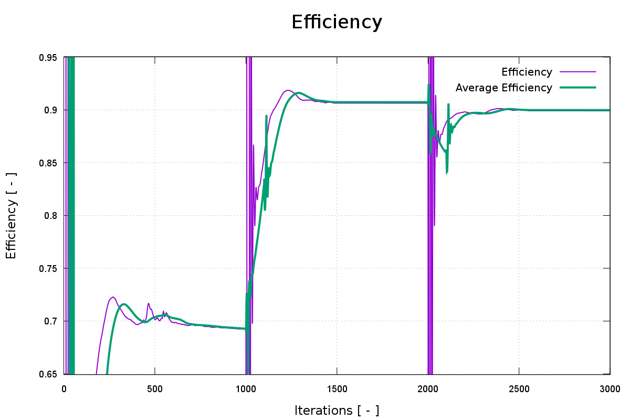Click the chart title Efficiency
pyautogui.click(x=337, y=22)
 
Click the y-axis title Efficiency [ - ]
pyautogui.click(x=12, y=216)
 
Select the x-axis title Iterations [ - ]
pyautogui.click(x=337, y=410)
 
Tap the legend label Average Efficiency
pyautogui.click(x=503, y=88)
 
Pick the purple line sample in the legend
pyautogui.click(x=578, y=72)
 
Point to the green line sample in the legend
pyautogui.click(x=578, y=88)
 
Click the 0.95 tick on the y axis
pyautogui.click(x=48, y=57)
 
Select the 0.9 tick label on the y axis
pyautogui.click(x=50, y=110)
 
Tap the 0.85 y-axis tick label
pyautogui.click(x=48, y=163)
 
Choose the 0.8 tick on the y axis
pyautogui.click(x=50, y=216)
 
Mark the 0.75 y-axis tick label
pyautogui.click(x=48, y=268)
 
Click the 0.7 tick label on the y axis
pyautogui.click(x=50, y=321)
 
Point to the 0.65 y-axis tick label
pyautogui.click(x=48, y=374)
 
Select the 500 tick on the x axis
pyautogui.click(x=155, y=389)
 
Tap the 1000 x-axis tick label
pyautogui.click(x=246, y=389)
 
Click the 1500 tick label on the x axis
pyautogui.click(x=337, y=389)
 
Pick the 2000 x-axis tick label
pyautogui.click(x=428, y=389)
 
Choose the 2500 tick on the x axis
pyautogui.click(x=519, y=389)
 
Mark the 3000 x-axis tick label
pyautogui.click(x=610, y=389)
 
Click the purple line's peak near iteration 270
pyautogui.click(x=113, y=297)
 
